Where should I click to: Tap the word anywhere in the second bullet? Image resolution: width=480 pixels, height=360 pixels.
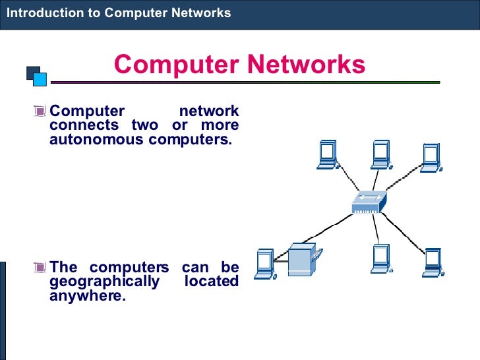87,296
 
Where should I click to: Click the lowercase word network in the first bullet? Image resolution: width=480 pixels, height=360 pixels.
209,111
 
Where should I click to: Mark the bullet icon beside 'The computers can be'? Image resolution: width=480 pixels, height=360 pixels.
42,268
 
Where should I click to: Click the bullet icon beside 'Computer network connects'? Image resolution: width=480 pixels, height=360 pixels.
42,111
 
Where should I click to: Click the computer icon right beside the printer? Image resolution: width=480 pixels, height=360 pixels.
265,262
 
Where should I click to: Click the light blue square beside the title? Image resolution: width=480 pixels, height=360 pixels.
40,79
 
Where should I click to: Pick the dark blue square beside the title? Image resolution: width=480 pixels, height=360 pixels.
32,71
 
